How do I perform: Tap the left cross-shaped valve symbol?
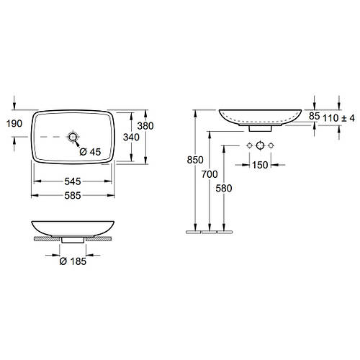click(x=248, y=146)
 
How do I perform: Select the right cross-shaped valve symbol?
click(x=271, y=146)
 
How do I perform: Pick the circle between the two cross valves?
click(x=260, y=146)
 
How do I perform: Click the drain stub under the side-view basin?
click(x=260, y=130)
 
